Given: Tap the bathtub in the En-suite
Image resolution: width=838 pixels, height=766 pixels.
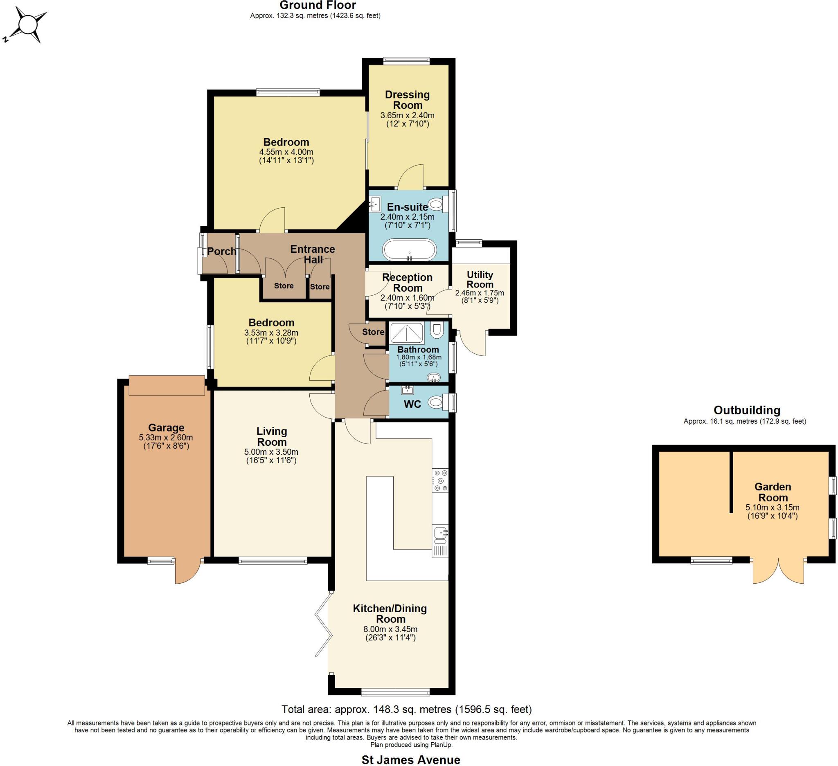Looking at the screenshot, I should tap(409, 249).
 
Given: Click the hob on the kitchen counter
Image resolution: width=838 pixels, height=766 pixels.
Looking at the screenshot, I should tap(440, 480).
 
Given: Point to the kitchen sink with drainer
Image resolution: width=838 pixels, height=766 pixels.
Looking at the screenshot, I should tap(440, 540).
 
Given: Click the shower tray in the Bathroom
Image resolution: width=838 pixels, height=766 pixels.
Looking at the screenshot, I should tap(407, 333).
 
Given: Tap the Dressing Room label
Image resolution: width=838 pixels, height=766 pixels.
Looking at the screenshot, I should tap(407, 100).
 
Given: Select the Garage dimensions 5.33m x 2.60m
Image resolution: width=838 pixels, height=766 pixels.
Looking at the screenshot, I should tap(166, 438).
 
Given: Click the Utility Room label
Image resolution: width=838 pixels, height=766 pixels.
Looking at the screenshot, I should tap(480, 280).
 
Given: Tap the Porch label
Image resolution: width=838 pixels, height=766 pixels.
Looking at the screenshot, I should tap(221, 252).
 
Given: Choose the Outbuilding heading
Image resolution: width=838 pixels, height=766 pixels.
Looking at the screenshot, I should tap(747, 410).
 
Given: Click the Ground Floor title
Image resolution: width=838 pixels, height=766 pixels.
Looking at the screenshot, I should tap(318, 5).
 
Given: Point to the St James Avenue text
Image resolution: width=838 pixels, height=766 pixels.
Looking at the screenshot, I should tap(411, 760).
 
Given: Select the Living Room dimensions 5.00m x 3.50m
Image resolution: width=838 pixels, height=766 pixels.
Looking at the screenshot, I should tap(271, 452).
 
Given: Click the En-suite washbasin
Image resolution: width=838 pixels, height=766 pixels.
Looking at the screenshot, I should tap(375, 204).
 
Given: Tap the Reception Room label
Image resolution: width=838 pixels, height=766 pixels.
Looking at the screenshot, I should tap(407, 283).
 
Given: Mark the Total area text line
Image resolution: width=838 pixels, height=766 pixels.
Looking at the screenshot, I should tap(407, 709).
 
